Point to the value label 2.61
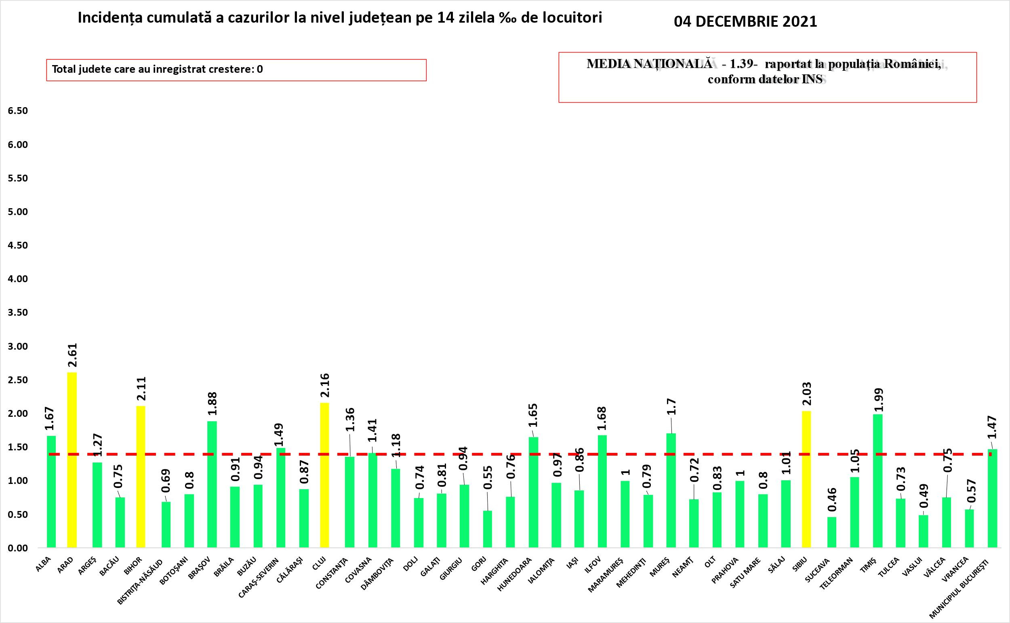(72, 355)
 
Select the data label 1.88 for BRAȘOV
(213, 404)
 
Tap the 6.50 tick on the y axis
(17, 111)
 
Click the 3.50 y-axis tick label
(17, 313)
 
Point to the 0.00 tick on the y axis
(17, 548)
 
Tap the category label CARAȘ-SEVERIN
(259, 576)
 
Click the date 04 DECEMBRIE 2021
(745, 21)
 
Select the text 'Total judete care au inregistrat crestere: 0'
(157, 69)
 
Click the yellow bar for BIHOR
(141, 477)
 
